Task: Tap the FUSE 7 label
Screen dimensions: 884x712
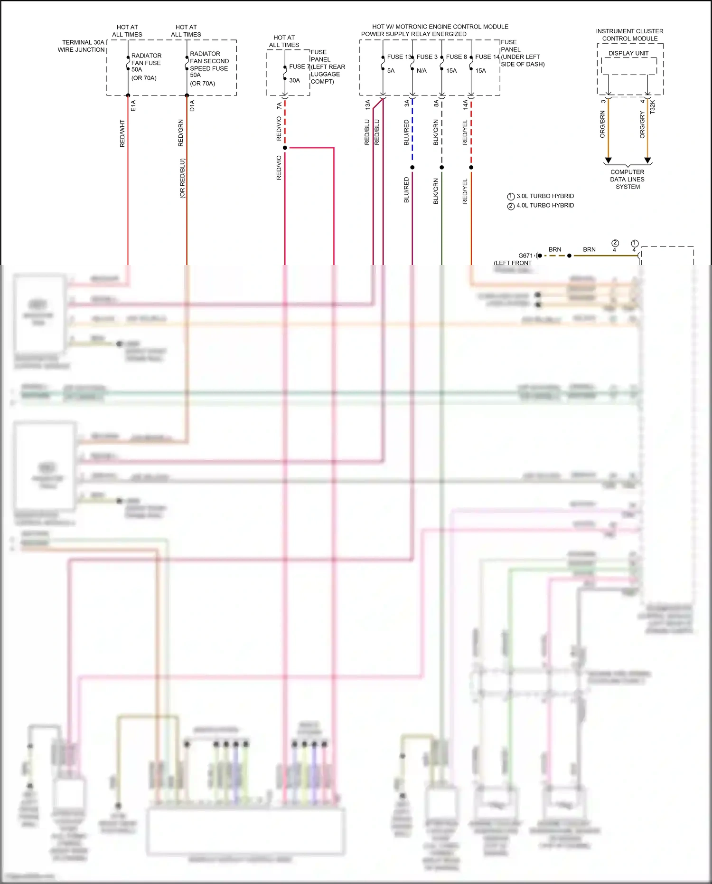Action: (299, 67)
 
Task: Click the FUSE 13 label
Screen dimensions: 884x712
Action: (399, 57)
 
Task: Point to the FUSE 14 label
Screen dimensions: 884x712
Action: (487, 57)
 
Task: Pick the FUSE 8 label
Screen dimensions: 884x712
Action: (456, 57)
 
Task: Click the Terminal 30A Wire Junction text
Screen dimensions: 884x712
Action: (82, 46)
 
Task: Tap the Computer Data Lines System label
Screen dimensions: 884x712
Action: (628, 180)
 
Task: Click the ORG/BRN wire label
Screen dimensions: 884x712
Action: (602, 124)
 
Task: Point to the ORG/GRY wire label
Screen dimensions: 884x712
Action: (642, 125)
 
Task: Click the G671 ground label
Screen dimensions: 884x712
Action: (525, 256)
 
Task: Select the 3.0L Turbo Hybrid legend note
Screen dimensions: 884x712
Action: (544, 196)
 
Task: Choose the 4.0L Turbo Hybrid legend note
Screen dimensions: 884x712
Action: (544, 206)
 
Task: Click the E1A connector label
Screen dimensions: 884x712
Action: (133, 105)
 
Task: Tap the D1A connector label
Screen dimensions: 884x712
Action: (192, 105)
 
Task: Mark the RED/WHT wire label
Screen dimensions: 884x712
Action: (122, 133)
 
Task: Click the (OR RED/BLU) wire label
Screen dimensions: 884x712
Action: (182, 178)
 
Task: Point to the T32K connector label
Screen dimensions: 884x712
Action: (653, 106)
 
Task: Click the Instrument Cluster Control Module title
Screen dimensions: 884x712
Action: (629, 35)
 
